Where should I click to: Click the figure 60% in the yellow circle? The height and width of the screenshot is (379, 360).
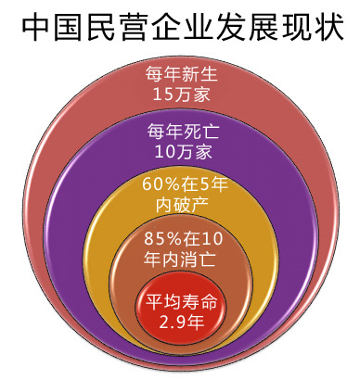coord(160,184)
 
